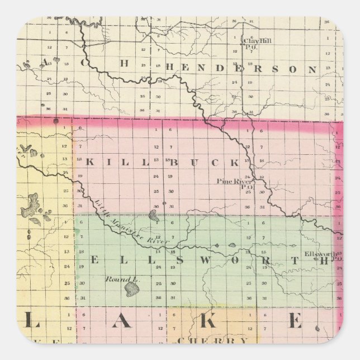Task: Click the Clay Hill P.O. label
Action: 255,42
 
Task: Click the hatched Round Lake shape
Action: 132,289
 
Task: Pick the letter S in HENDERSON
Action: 275,69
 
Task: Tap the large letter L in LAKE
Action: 33,323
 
